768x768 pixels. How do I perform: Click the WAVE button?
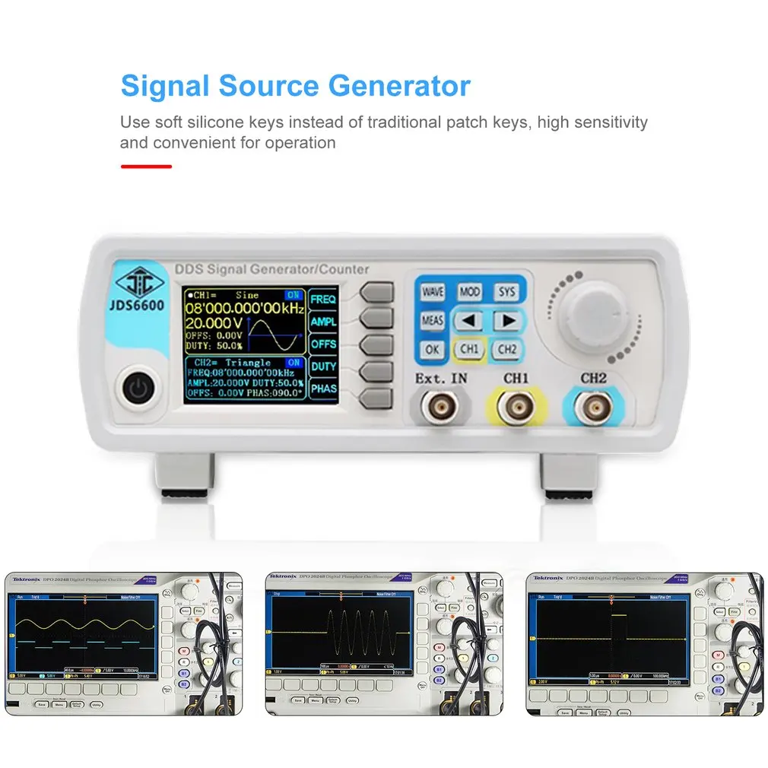click(432, 292)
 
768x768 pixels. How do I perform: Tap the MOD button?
click(469, 292)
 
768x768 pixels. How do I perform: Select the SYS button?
click(506, 292)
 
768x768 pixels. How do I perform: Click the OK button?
click(432, 350)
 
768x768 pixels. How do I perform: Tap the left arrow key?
click(469, 321)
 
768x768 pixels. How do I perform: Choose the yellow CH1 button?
click(469, 350)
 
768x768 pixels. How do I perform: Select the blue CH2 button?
click(506, 350)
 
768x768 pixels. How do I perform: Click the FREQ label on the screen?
click(323, 299)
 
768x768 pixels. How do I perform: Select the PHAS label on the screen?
click(323, 389)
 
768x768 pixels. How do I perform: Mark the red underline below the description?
click(146, 166)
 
